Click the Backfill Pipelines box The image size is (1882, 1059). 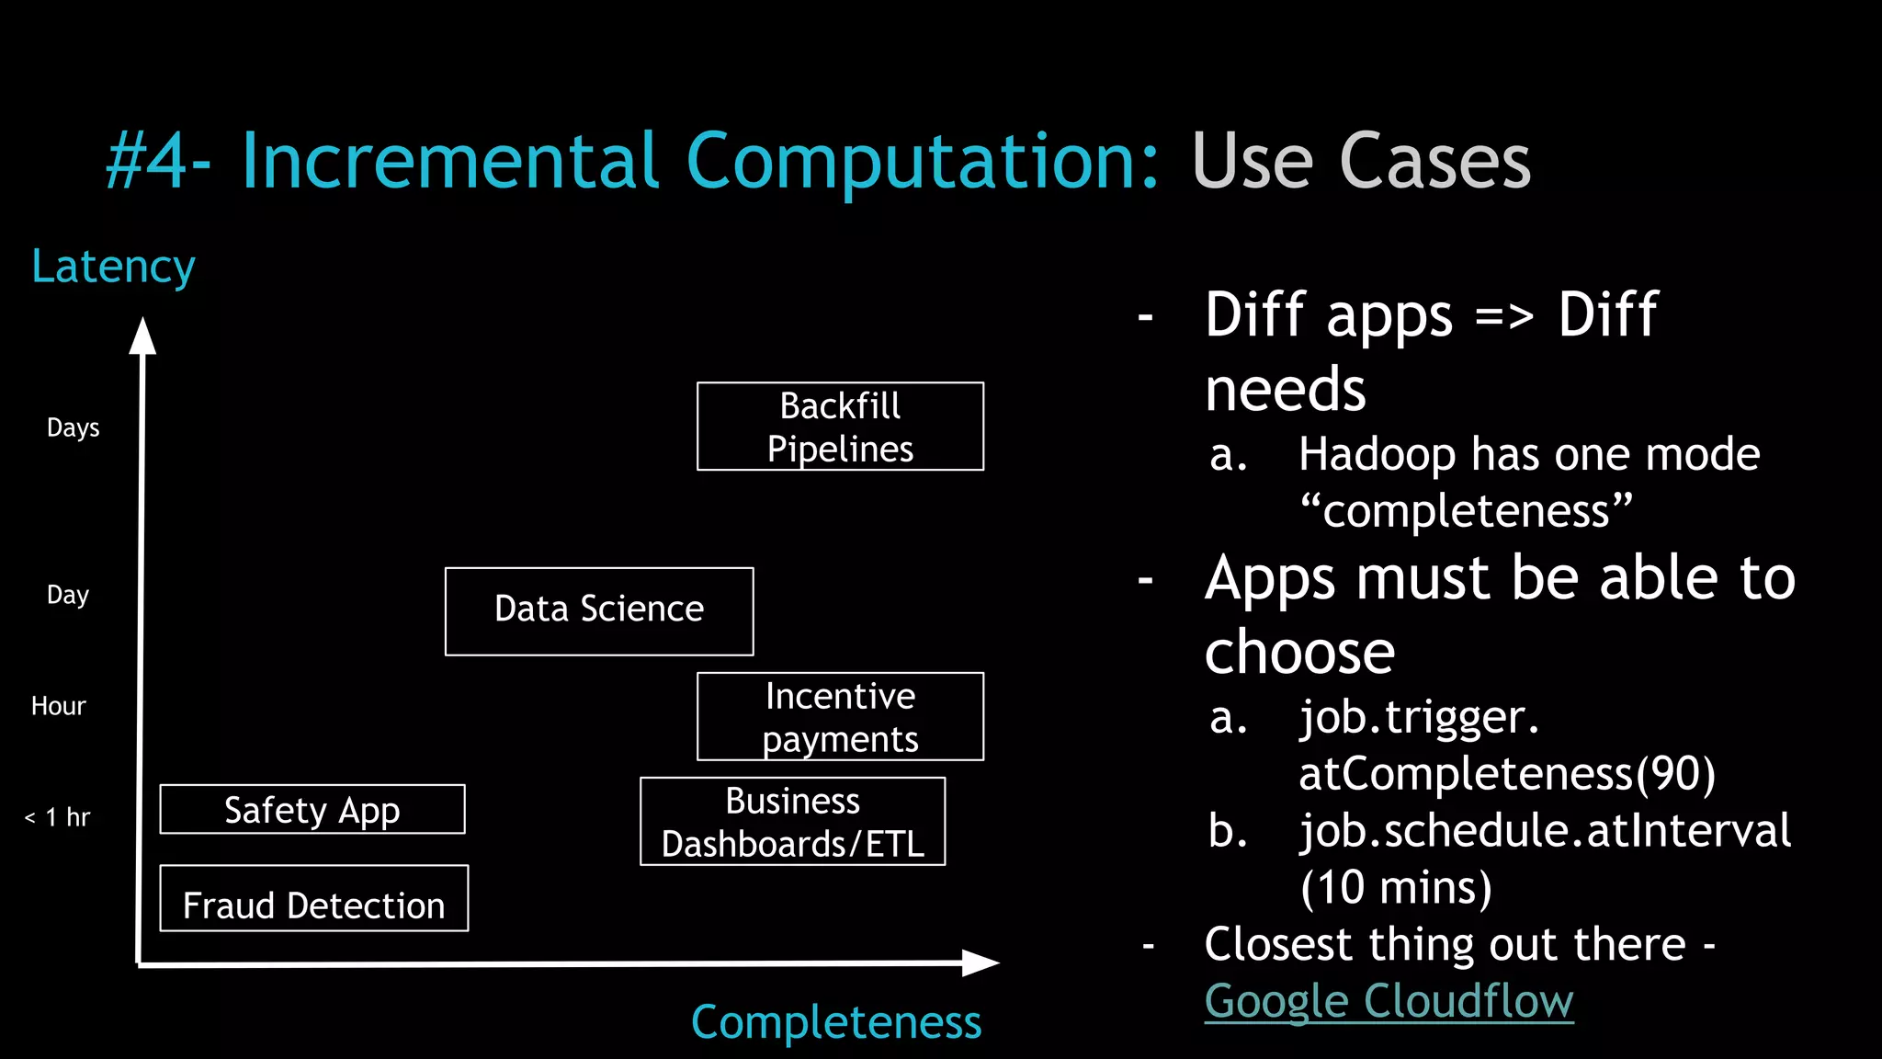pos(840,427)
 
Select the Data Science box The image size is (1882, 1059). pos(599,611)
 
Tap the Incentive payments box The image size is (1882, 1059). pos(840,717)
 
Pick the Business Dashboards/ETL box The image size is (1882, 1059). pos(792,822)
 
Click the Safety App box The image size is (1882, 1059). pos(312,810)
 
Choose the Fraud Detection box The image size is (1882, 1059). pos(313,899)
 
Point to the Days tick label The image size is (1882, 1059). pos(73,428)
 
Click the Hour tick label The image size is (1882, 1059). pos(58,706)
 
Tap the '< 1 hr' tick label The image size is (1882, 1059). pos(57,817)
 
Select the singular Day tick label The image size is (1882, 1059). pos(67,595)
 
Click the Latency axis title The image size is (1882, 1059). pos(113,268)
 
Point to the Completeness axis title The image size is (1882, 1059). pos(836,1022)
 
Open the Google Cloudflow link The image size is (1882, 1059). pos(1389,1001)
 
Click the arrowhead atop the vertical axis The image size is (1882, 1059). pos(142,335)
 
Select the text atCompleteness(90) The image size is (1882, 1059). pos(1507,773)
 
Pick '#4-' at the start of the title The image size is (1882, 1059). pos(158,162)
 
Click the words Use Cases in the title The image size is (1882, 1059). pos(1360,162)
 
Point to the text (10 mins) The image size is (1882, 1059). pos(1396,887)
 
